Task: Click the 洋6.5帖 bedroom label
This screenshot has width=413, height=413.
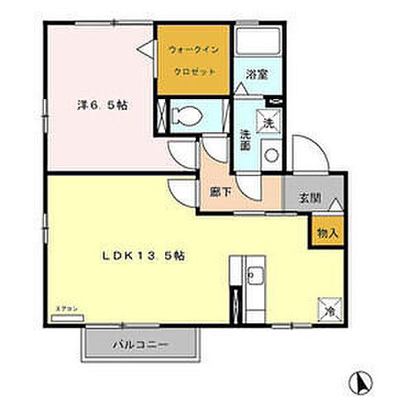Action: tap(102, 106)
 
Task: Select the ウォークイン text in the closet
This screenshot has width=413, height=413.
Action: tap(193, 50)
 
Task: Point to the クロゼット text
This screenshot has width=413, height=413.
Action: tap(193, 72)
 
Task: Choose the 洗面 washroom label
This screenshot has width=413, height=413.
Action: tap(245, 139)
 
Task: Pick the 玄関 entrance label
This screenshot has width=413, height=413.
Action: tap(309, 197)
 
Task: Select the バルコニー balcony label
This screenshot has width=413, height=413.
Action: tap(140, 344)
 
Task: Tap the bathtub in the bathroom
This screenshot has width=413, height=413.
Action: tap(256, 46)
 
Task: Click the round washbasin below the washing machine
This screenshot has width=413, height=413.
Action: tap(269, 154)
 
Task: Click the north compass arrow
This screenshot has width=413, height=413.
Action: tap(361, 382)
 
